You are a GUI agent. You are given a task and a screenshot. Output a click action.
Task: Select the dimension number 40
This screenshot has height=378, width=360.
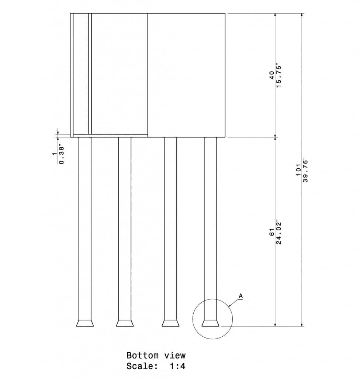click(272, 75)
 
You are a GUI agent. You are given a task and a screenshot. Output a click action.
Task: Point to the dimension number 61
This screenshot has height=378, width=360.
click(272, 232)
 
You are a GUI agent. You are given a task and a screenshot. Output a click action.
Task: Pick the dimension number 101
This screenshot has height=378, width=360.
click(299, 171)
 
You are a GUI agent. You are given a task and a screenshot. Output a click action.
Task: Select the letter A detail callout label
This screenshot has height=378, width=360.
click(240, 296)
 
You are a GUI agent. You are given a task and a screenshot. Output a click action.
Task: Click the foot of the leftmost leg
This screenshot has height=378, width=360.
click(85, 323)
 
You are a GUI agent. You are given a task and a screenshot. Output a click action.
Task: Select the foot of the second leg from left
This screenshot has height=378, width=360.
click(125, 323)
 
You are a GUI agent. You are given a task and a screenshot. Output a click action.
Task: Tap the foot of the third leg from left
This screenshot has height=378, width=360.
click(170, 323)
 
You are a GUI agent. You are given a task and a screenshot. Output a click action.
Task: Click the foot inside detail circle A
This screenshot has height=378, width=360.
click(211, 323)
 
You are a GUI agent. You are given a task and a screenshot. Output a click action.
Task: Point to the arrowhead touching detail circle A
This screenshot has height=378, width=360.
click(230, 306)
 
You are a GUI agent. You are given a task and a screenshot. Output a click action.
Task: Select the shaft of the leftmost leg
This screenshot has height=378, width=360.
click(85, 227)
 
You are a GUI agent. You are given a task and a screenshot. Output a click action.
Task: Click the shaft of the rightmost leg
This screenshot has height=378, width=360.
click(211, 227)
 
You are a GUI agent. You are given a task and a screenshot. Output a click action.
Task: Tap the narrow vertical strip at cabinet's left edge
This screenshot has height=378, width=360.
click(72, 74)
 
